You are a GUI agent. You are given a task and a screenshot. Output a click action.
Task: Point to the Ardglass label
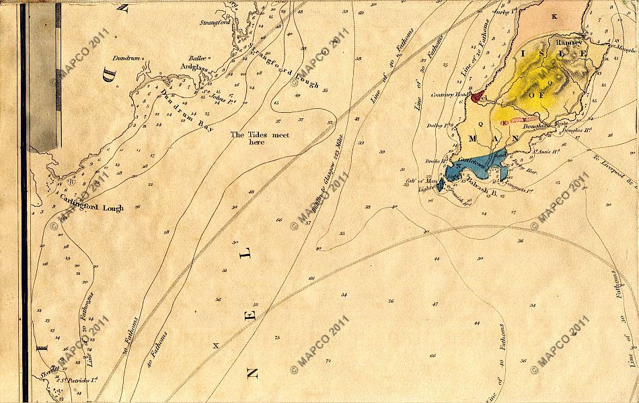(x=192, y=66)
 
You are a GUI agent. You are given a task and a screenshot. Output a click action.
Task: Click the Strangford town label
(x=215, y=22)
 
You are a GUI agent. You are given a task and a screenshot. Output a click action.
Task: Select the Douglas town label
(x=539, y=126)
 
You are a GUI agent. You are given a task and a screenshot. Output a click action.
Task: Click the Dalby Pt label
(x=437, y=126)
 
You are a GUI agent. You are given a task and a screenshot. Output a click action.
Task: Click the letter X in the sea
(x=216, y=345)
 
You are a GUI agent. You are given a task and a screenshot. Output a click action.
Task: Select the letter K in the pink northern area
(x=554, y=15)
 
